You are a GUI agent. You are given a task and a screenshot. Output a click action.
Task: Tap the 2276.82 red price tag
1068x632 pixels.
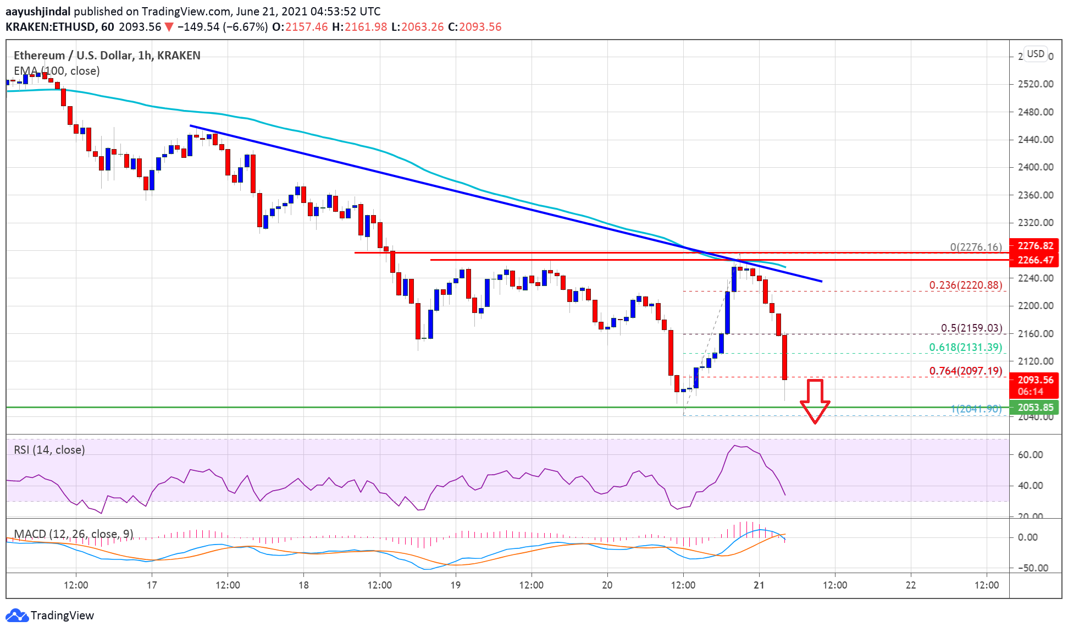click(1036, 246)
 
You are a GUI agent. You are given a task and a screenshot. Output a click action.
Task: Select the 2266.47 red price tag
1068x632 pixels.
click(1036, 260)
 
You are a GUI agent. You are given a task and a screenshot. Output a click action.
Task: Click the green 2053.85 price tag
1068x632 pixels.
click(1036, 408)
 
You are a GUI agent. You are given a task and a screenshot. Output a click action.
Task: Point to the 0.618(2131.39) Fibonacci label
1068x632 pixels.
click(965, 348)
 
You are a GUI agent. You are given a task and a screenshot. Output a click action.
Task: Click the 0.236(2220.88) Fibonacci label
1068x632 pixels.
click(965, 285)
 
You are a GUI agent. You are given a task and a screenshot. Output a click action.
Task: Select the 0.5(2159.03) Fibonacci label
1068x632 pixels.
click(971, 328)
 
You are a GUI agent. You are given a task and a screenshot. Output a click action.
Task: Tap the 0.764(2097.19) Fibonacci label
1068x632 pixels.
click(965, 371)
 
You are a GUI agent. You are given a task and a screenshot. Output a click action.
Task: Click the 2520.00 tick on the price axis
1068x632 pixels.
click(1036, 84)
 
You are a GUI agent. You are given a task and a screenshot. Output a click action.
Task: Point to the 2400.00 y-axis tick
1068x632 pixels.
click(1036, 167)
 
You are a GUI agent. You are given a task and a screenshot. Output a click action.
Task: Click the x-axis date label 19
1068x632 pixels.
click(455, 585)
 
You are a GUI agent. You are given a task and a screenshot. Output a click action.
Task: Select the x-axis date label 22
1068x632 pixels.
click(910, 585)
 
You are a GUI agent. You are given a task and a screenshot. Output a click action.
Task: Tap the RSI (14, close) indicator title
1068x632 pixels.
click(49, 450)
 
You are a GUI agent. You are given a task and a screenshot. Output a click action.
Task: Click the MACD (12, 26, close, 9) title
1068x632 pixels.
click(73, 534)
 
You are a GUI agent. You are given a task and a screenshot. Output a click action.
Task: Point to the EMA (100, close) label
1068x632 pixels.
click(57, 71)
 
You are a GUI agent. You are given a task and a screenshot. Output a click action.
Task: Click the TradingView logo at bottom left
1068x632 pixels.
click(49, 615)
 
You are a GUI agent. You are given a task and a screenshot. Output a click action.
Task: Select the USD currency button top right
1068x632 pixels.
click(1036, 54)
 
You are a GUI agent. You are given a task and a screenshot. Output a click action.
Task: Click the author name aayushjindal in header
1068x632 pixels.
click(38, 12)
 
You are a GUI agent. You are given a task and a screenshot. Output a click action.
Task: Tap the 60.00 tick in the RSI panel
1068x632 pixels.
click(1030, 455)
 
